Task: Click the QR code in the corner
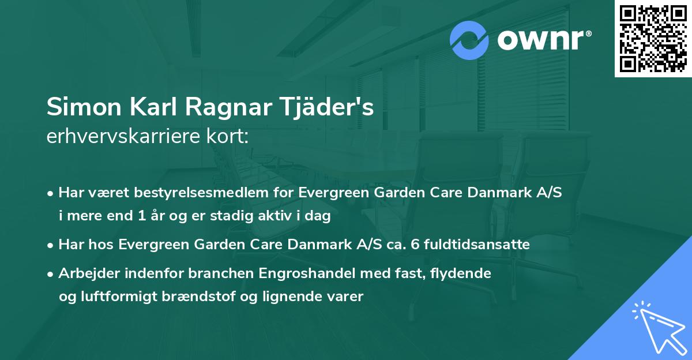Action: pyautogui.click(x=653, y=39)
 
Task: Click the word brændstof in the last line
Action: pyautogui.click(x=225, y=297)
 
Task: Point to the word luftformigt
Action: pyautogui.click(x=119, y=297)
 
